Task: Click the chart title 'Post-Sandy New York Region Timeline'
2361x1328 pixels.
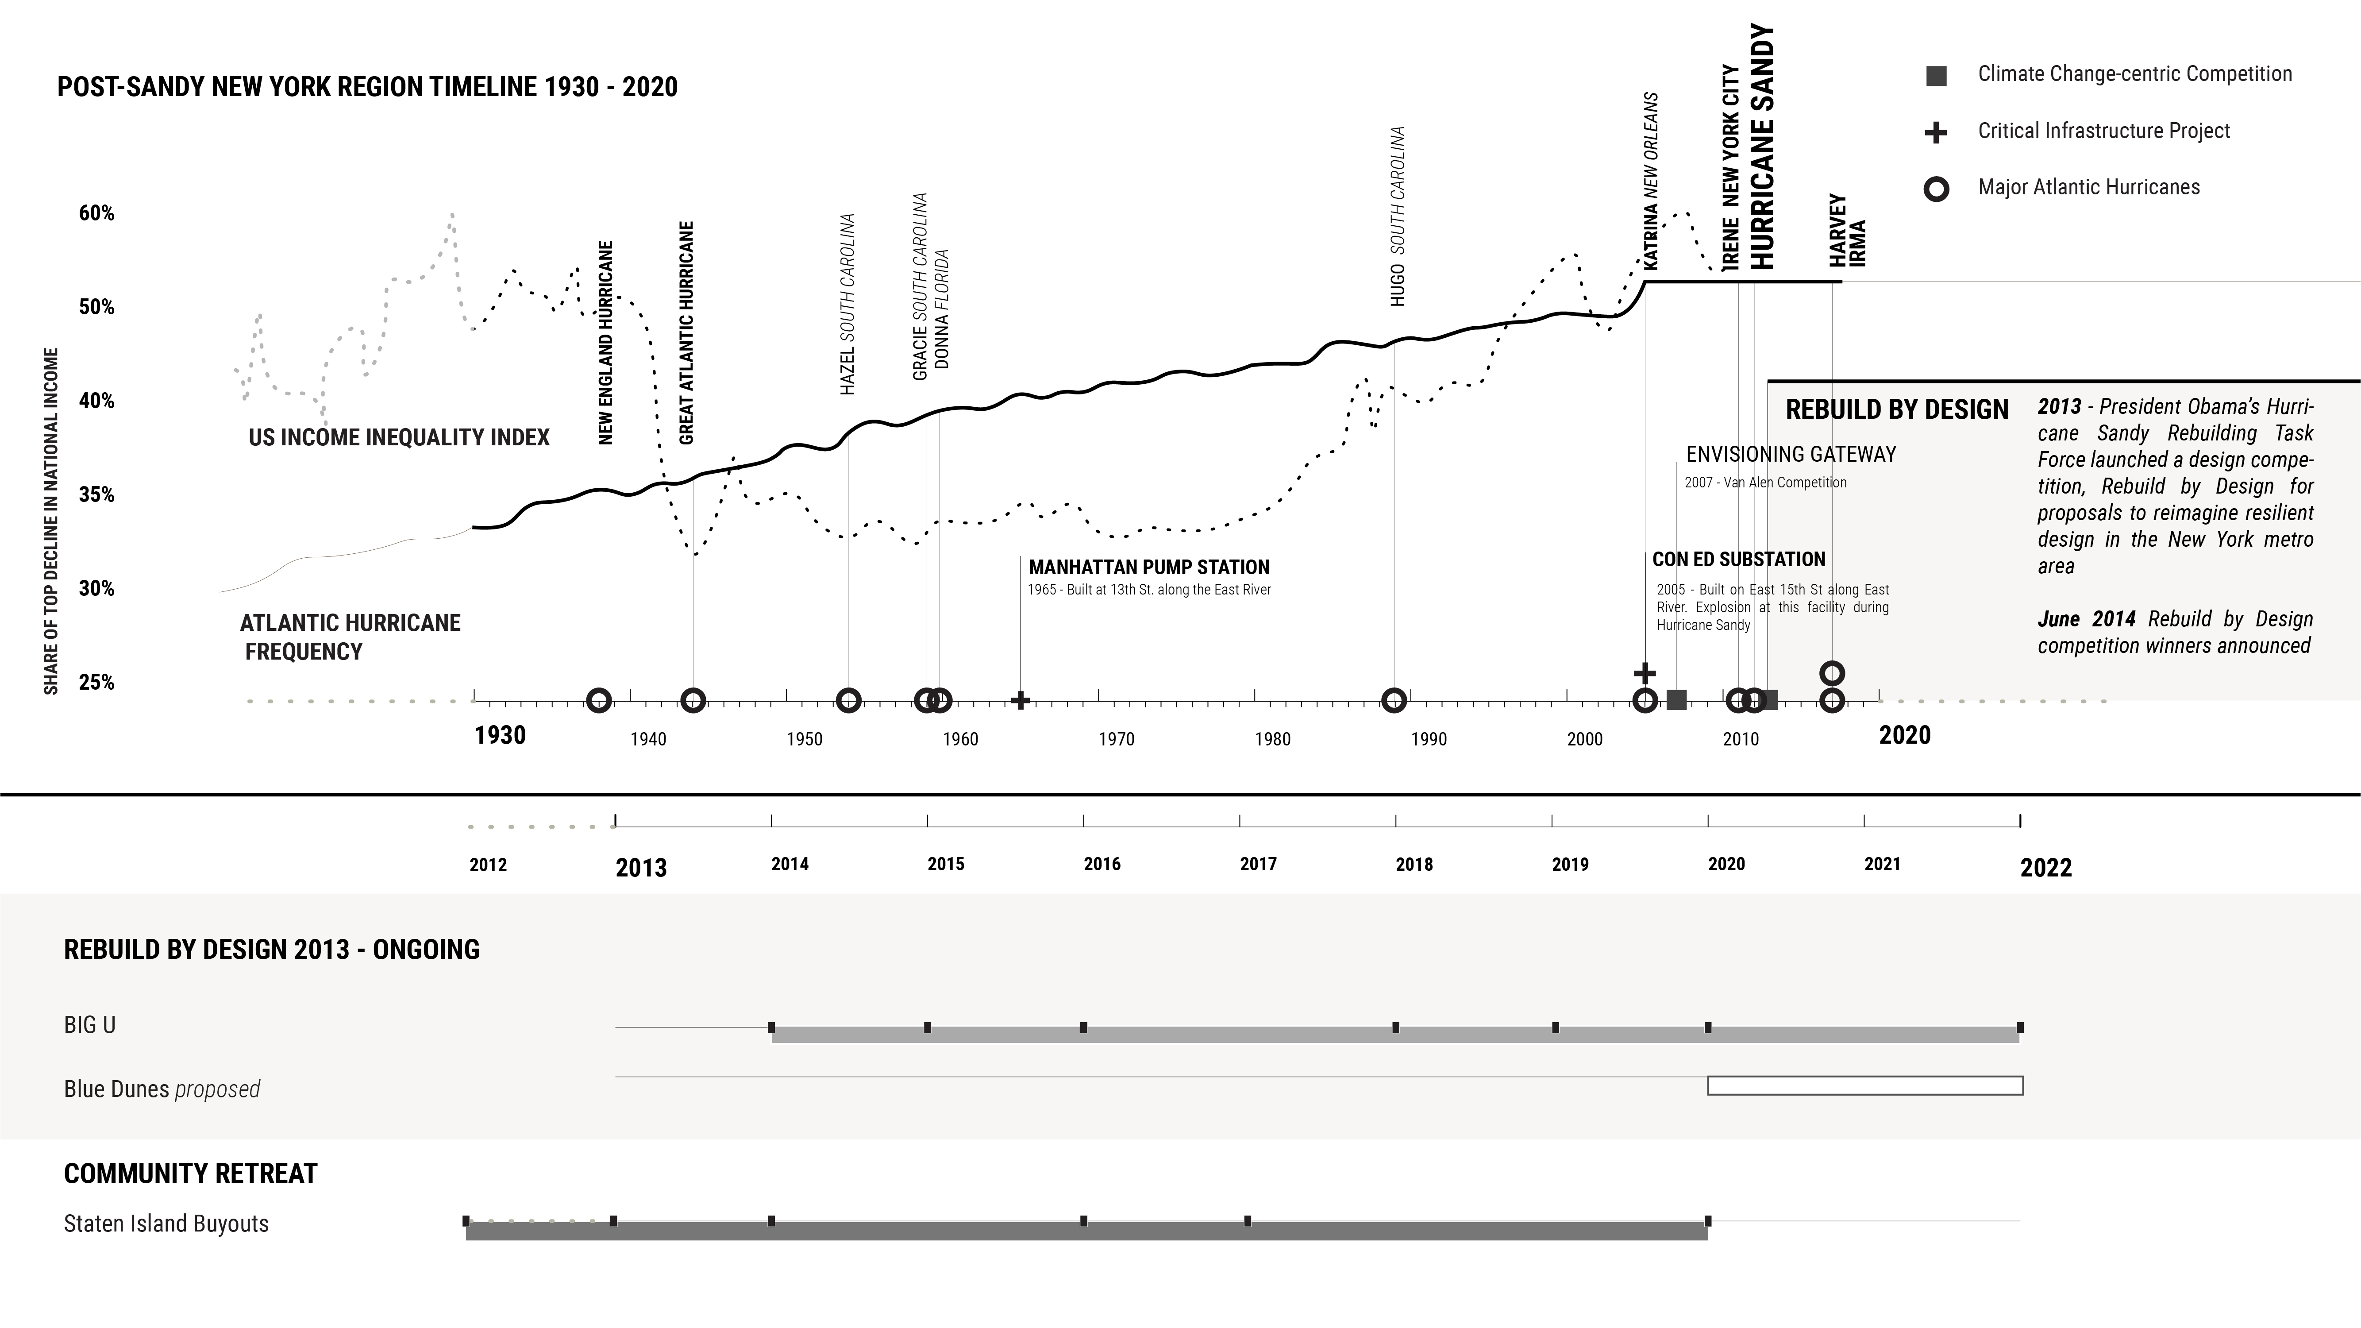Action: point(366,87)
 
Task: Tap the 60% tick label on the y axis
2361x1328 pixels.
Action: point(96,213)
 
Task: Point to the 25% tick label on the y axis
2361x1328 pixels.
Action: point(96,683)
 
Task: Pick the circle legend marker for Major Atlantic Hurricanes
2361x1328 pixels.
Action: point(1936,189)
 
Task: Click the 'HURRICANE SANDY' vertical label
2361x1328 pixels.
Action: point(1762,147)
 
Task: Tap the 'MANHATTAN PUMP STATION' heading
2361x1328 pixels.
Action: point(1148,567)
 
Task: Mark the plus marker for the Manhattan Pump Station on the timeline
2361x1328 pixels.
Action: point(1020,701)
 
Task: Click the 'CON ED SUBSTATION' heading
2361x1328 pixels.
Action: point(1739,559)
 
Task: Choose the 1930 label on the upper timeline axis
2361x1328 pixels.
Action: point(500,735)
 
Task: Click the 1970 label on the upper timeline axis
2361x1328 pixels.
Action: point(1117,740)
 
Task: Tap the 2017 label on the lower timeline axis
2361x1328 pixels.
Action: point(1257,864)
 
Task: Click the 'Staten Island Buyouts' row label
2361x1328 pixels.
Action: point(166,1224)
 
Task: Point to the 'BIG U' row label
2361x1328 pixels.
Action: point(90,1026)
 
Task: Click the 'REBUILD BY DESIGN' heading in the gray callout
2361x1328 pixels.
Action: point(1896,409)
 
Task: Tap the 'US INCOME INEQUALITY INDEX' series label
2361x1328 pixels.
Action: point(399,437)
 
